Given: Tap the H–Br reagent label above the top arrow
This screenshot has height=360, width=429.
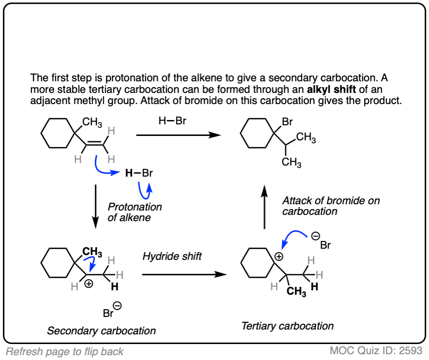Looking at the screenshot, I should (172, 121).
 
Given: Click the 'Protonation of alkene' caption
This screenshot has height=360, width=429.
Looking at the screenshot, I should (135, 212).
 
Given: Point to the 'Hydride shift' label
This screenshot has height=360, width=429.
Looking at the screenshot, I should (172, 256).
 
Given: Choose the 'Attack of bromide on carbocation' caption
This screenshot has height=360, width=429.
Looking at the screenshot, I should (331, 206).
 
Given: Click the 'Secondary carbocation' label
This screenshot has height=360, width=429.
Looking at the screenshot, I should (102, 331).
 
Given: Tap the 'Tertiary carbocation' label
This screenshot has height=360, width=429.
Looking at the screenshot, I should (287, 326).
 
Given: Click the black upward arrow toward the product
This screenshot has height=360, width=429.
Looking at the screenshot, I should (264, 208).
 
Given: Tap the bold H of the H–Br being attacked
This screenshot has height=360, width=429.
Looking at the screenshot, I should (128, 173).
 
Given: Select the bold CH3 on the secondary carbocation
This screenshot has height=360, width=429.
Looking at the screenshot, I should (92, 252).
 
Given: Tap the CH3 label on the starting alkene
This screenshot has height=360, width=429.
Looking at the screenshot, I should (92, 122).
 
